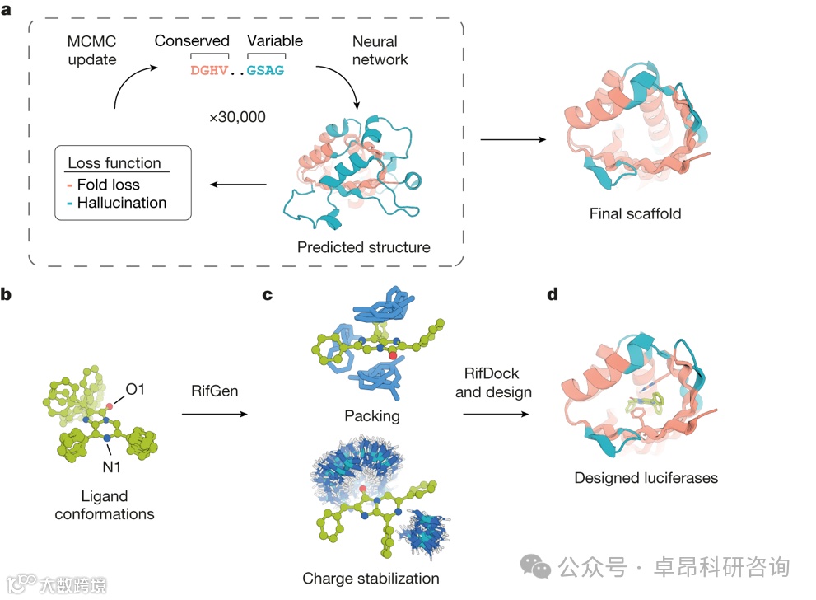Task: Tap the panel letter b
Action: coord(8,293)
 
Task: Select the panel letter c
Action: coord(267,293)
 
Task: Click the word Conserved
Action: coord(192,40)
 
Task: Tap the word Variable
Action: coord(275,40)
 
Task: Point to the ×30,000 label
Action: coord(237,117)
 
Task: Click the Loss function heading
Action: coord(114,163)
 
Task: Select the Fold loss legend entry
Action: coord(108,184)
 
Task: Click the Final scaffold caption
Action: coord(635,214)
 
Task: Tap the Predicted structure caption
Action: coord(364,246)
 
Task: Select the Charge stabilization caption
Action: coord(371,578)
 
